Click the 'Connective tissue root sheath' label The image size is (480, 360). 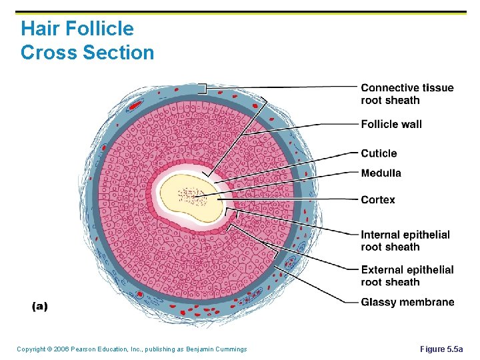point(407,94)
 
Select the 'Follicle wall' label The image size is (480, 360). point(391,124)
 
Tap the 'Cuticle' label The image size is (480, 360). point(379,153)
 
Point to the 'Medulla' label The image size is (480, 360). point(381,173)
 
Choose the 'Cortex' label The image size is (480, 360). point(378,200)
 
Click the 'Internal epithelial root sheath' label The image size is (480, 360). point(405,241)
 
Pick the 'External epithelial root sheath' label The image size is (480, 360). point(407,275)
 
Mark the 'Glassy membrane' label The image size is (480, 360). point(407,303)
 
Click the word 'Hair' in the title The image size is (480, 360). point(39,29)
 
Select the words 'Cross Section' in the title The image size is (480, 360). point(87,53)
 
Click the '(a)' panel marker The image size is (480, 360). point(40,306)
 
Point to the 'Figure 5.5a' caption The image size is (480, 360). point(445,349)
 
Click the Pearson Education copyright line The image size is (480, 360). point(131,349)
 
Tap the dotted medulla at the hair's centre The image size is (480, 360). point(193,196)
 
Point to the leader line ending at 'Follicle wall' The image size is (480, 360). point(320,125)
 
